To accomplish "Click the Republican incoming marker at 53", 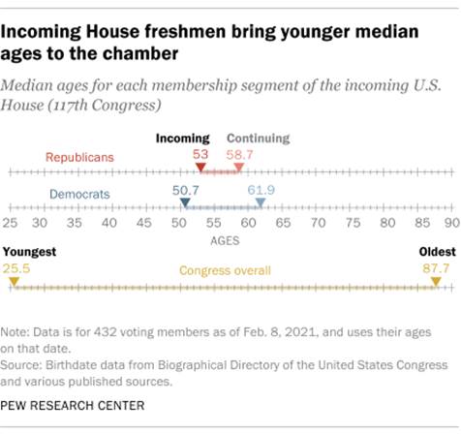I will point(200,170).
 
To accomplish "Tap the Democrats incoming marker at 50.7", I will point(185,204).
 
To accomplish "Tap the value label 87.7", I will point(432,266).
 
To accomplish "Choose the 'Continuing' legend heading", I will point(258,139).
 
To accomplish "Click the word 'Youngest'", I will point(30,252).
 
